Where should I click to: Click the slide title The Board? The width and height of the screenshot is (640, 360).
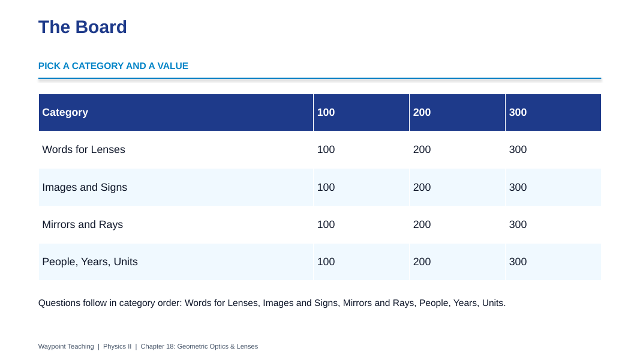coord(82,28)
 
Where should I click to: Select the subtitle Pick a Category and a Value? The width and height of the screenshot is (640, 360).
coord(113,66)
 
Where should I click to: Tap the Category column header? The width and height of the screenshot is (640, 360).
coord(65,113)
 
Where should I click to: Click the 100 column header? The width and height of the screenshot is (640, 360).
coord(326,113)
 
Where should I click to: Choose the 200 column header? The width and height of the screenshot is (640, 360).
coord(422,113)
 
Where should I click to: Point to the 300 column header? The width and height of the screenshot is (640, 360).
coord(518,113)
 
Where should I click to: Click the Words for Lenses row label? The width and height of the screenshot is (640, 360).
coord(83,150)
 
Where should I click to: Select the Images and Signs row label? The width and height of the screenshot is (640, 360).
coord(85,187)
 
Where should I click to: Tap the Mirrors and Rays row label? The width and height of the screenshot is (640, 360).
coord(82,225)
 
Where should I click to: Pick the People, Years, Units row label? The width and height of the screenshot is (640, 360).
coord(90,262)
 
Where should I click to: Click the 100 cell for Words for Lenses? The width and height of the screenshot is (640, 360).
coord(326,150)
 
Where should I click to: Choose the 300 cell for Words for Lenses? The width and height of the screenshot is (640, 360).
coord(518,150)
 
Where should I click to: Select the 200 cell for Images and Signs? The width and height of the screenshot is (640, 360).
coord(422,187)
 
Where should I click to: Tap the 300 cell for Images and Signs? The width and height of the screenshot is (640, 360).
coord(518,187)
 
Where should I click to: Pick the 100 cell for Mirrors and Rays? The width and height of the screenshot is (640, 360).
coord(326,225)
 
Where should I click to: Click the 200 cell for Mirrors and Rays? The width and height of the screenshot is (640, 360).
coord(422,225)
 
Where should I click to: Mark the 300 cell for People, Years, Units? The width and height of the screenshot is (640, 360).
coord(518,262)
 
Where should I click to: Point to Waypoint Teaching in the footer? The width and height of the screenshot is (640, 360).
coord(66,347)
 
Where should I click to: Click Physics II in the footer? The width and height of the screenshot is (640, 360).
coord(117,347)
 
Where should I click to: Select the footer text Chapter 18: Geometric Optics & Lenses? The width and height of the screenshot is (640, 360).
coord(199,347)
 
